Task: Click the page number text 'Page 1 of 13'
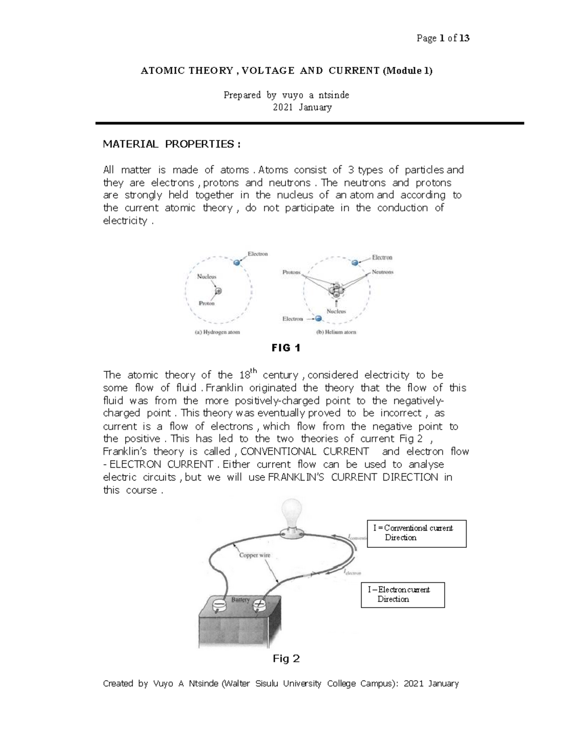[x=443, y=38]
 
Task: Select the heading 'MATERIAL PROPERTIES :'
[x=169, y=144]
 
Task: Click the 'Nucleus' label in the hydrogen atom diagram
[x=207, y=276]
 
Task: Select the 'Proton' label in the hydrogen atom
[x=206, y=304]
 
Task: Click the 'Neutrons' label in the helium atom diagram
[x=382, y=272]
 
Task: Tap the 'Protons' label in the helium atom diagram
[x=291, y=272]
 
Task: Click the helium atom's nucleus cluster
[x=336, y=289]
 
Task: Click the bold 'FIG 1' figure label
[x=286, y=348]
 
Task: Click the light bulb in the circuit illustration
[x=290, y=514]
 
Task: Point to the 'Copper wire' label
[x=255, y=555]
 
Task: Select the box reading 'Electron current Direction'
[x=403, y=595]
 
